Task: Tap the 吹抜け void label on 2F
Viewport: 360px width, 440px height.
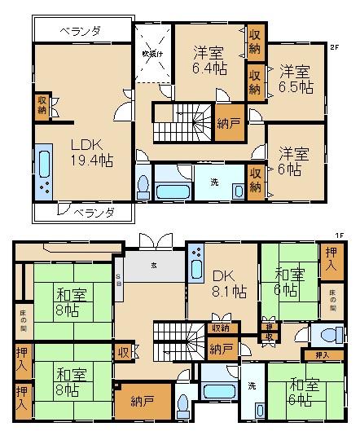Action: (153, 54)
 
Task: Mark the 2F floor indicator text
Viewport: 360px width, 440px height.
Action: (334, 47)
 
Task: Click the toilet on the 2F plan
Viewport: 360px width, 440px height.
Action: (143, 187)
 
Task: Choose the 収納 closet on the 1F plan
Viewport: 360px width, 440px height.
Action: (221, 328)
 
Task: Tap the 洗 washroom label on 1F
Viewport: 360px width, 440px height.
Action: (252, 385)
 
